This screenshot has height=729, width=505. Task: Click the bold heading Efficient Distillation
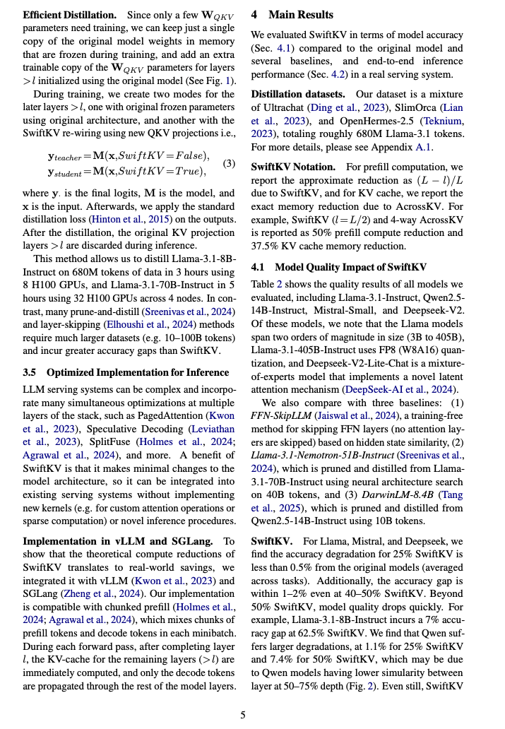click(68, 16)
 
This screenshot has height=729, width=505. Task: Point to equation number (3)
click(229, 164)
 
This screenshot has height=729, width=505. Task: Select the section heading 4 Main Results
click(292, 15)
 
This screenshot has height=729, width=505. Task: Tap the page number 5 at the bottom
click(243, 715)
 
